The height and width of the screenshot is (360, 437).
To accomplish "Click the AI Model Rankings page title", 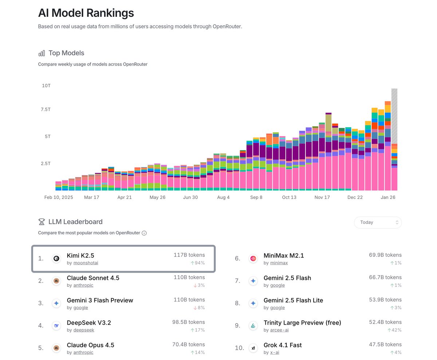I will pyautogui.click(x=86, y=13).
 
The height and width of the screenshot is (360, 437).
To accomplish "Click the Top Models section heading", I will pyautogui.click(x=66, y=53).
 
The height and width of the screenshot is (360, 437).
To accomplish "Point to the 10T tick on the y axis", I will pyautogui.click(x=46, y=86).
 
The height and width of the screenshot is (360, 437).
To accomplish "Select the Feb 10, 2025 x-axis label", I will pyautogui.click(x=59, y=197).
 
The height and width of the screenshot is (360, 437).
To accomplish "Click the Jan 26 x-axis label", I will pyautogui.click(x=388, y=197).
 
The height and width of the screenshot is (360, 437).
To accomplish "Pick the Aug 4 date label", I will pyautogui.click(x=223, y=197).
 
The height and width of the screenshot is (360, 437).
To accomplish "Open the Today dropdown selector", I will pyautogui.click(x=378, y=222).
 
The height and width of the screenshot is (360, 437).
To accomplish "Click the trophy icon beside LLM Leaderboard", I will pyautogui.click(x=42, y=222).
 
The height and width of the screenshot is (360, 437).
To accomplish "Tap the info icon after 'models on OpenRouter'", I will pyautogui.click(x=144, y=233).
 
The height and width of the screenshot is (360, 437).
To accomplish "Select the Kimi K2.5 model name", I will pyautogui.click(x=80, y=255).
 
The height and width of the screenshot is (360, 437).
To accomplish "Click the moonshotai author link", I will pyautogui.click(x=86, y=263).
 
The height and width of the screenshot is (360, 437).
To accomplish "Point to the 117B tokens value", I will pyautogui.click(x=189, y=255).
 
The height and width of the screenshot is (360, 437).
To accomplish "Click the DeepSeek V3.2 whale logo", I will pyautogui.click(x=56, y=326).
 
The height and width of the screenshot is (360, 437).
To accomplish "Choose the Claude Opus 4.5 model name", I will pyautogui.click(x=90, y=345).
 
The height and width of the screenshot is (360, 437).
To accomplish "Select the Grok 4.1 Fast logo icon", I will pyautogui.click(x=253, y=348).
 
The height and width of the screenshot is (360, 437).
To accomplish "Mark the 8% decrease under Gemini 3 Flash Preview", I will pyautogui.click(x=199, y=308).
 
